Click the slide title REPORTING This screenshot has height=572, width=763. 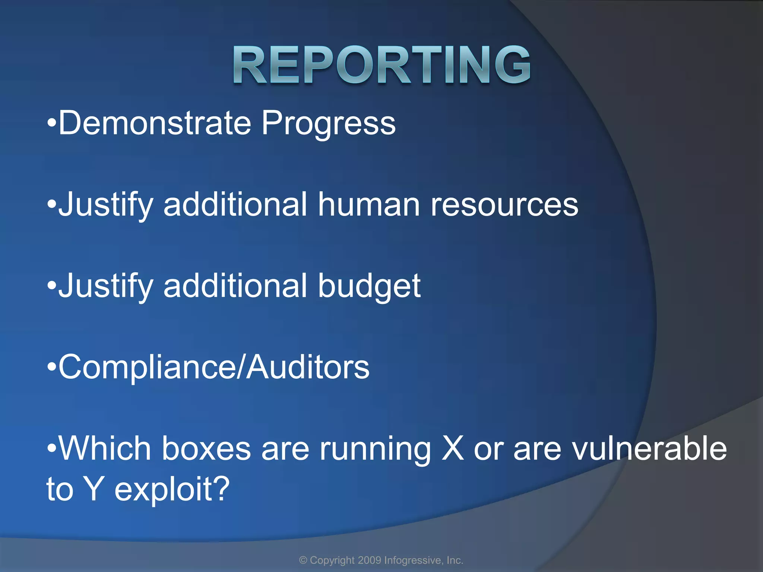pyautogui.click(x=382, y=65)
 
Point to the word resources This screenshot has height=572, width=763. pyautogui.click(x=504, y=206)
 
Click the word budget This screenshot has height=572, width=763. pyautogui.click(x=369, y=287)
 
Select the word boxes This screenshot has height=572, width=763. pyautogui.click(x=206, y=449)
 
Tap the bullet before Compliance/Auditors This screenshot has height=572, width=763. pyautogui.click(x=52, y=368)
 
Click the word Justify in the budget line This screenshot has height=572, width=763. pyautogui.click(x=106, y=287)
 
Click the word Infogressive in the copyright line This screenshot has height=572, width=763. pyautogui.click(x=412, y=560)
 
